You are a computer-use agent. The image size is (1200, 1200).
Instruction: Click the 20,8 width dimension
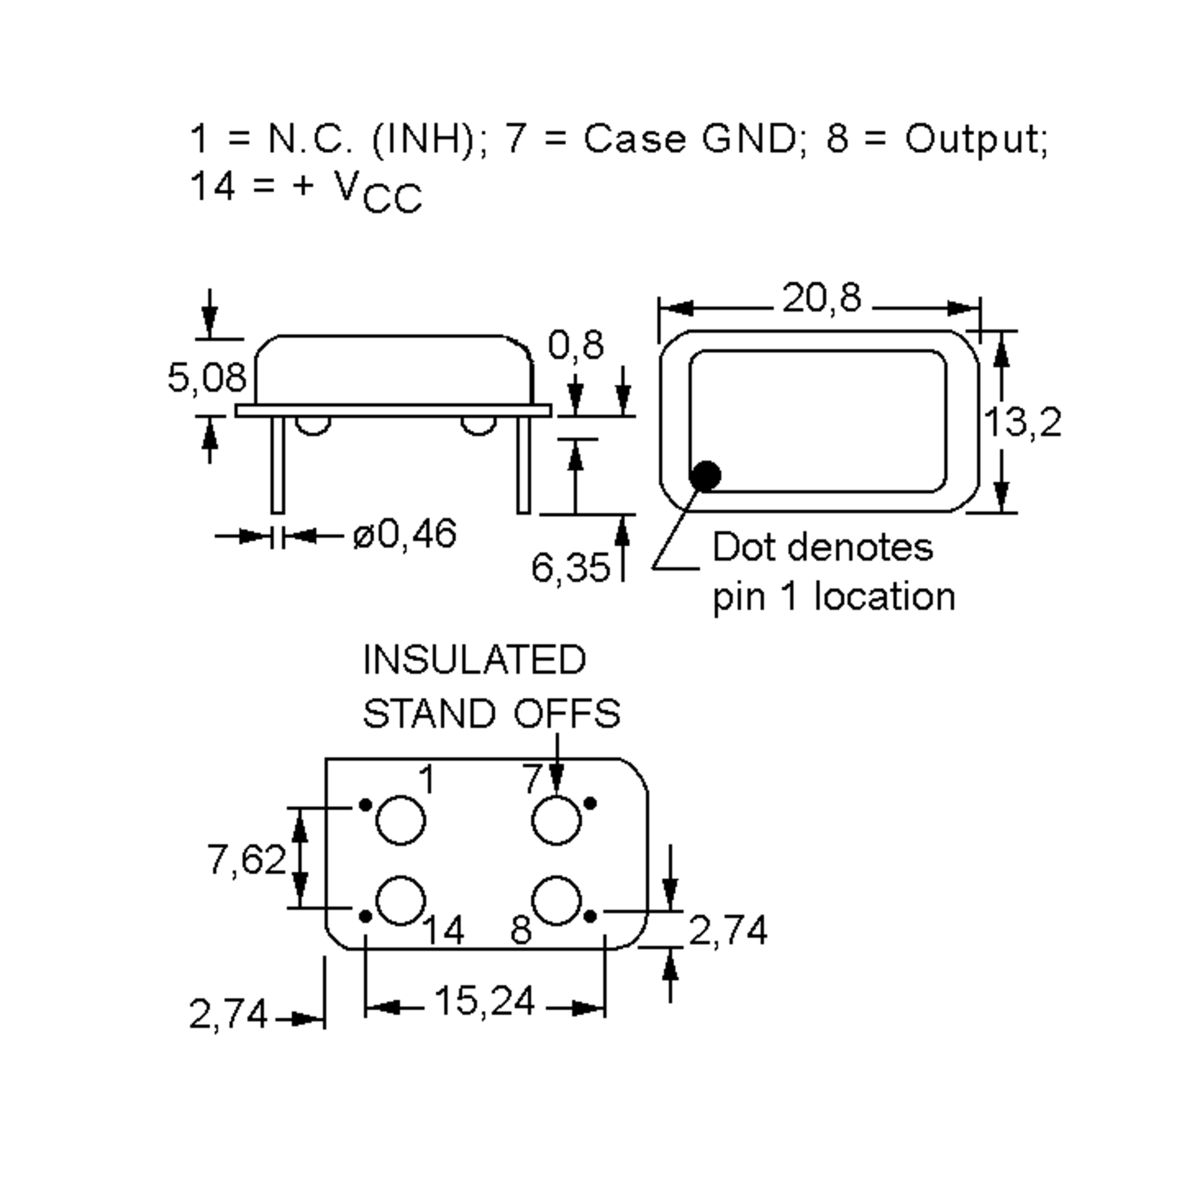tap(821, 299)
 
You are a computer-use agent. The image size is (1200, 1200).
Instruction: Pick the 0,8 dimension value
tap(575, 346)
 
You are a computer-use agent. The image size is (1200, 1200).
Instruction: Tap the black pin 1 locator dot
tap(705, 476)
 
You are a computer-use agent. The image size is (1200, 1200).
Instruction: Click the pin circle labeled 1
tap(400, 820)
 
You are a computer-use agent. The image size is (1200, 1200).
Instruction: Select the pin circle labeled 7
tap(556, 820)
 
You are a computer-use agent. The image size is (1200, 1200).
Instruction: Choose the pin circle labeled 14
tap(400, 901)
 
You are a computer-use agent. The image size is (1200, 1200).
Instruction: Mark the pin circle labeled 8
tap(556, 901)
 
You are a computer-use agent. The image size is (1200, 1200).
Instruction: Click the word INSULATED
tap(474, 660)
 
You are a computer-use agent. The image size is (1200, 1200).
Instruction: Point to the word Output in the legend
tap(975, 139)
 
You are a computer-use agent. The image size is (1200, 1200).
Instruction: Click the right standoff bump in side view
tap(478, 425)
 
